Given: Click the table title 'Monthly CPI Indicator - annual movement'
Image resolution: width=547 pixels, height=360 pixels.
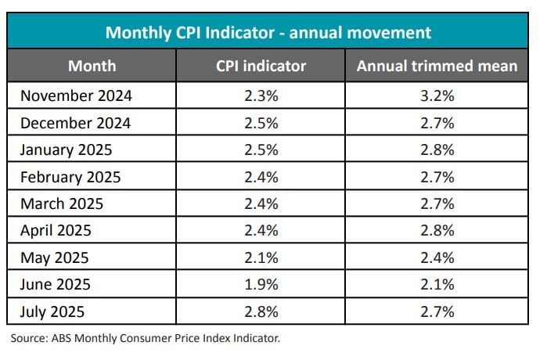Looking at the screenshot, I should [268, 32].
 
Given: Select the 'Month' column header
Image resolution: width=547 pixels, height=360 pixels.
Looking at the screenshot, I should [92, 66].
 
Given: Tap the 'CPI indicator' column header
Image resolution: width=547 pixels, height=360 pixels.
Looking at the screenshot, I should [261, 66].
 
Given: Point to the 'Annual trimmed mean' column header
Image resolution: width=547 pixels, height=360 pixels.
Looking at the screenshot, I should [437, 66].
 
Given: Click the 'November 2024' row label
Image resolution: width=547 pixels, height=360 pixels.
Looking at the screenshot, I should [76, 96].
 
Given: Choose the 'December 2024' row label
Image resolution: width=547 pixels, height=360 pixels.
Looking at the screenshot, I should [75, 123].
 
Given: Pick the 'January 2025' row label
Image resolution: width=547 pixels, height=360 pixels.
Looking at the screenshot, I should [67, 149].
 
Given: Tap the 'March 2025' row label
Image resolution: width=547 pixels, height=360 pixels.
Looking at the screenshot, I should [63, 203].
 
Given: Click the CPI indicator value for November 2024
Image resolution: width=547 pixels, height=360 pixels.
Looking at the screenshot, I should [261, 96].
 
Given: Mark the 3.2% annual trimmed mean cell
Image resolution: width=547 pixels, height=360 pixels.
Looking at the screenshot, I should [437, 96].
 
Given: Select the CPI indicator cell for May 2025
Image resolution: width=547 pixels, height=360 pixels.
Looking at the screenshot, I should [261, 257].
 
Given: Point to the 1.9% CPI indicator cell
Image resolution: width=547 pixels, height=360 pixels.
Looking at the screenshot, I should [261, 284].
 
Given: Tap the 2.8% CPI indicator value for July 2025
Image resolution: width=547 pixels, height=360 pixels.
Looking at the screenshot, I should [261, 311].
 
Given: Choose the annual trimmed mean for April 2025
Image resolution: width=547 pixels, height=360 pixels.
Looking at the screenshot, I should [437, 231].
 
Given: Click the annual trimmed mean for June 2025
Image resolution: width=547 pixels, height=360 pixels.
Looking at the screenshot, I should [437, 284].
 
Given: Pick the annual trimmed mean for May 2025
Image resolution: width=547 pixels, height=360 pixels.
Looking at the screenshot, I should [437, 257].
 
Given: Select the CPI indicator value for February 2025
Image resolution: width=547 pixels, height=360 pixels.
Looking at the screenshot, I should [261, 177].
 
